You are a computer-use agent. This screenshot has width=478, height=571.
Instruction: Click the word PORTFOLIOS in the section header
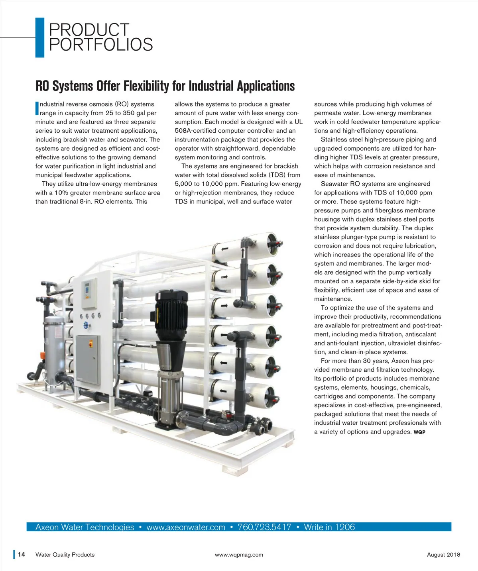pyautogui.click(x=101, y=45)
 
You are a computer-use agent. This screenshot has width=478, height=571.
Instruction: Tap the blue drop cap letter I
pyautogui.click(x=37, y=108)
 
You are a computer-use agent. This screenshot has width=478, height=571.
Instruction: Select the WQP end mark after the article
pyautogui.click(x=419, y=432)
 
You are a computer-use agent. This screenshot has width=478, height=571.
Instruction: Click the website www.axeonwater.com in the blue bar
pyautogui.click(x=186, y=527)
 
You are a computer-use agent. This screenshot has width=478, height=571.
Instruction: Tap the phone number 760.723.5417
pyautogui.click(x=264, y=527)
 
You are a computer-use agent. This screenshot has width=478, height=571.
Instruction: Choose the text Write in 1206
pyautogui.click(x=329, y=527)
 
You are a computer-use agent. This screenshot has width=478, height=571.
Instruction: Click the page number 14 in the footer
pyautogui.click(x=22, y=554)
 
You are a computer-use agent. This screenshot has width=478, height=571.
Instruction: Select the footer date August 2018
pyautogui.click(x=443, y=555)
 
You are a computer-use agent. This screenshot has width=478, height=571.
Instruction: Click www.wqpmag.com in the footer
pyautogui.click(x=239, y=555)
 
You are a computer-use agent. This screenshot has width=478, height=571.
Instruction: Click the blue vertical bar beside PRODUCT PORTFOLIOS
pyautogui.click(x=39, y=37)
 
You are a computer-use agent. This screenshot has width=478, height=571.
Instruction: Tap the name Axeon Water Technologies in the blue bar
pyautogui.click(x=85, y=527)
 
